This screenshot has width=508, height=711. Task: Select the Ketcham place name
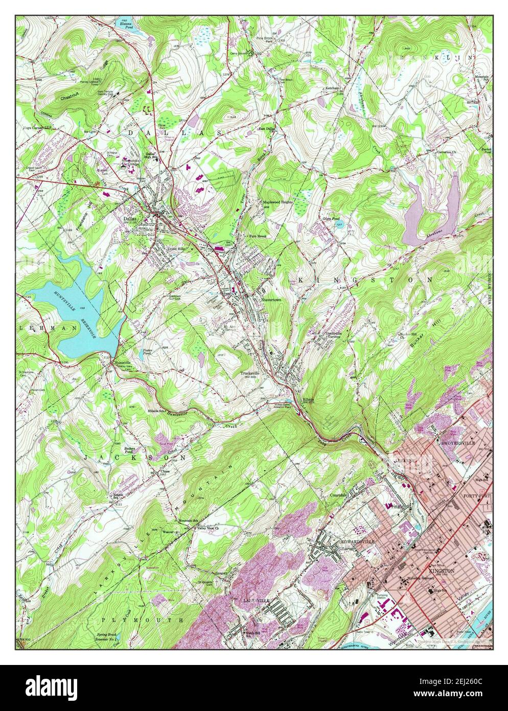click(x=333, y=88)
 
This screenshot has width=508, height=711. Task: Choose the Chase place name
click(x=165, y=471)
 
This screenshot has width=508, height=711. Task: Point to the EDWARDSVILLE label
click(x=358, y=541)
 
